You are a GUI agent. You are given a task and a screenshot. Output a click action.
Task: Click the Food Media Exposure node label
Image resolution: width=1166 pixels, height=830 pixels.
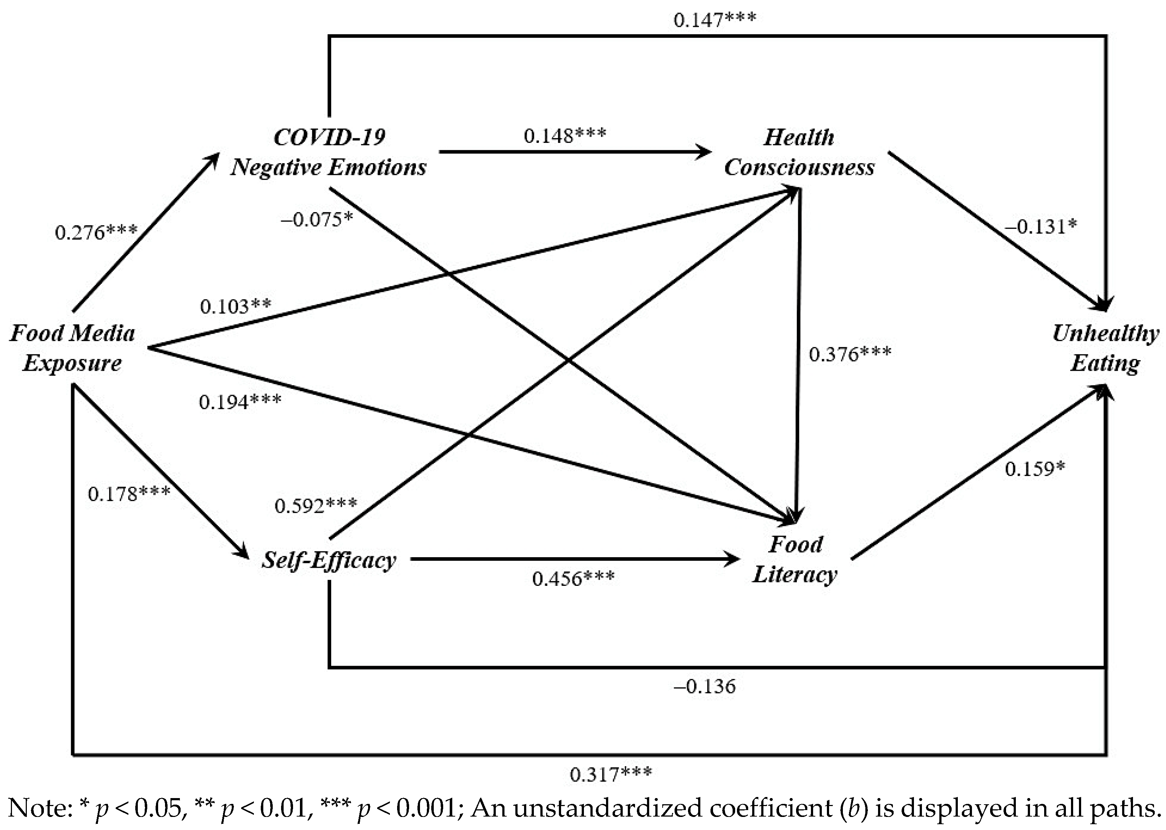pyautogui.click(x=72, y=348)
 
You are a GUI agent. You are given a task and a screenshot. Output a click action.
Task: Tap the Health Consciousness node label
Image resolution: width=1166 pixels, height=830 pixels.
pyautogui.click(x=799, y=152)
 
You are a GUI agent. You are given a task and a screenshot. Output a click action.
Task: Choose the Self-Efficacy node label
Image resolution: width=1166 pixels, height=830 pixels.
pyautogui.click(x=329, y=560)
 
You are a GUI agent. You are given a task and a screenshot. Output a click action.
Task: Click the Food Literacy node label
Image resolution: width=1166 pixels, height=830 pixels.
pyautogui.click(x=795, y=559)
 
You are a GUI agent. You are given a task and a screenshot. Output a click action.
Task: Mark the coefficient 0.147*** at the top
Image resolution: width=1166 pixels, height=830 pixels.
pyautogui.click(x=714, y=20)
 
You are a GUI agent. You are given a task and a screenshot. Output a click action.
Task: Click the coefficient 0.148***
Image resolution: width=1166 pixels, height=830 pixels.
pyautogui.click(x=565, y=135)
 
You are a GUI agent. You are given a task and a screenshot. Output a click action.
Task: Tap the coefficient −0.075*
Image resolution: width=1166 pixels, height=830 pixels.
pyautogui.click(x=317, y=220)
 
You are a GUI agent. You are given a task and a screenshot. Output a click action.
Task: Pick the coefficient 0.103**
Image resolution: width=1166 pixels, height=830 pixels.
pyautogui.click(x=235, y=306)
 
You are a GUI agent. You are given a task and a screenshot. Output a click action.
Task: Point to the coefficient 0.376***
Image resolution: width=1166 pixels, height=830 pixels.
pyautogui.click(x=850, y=354)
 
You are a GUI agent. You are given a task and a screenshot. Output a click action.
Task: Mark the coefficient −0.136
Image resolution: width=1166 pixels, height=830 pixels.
pyautogui.click(x=705, y=686)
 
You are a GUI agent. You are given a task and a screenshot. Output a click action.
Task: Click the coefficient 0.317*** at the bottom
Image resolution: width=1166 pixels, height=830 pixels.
pyautogui.click(x=611, y=774)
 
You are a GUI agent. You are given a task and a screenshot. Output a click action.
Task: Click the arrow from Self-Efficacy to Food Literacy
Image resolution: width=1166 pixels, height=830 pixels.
pyautogui.click(x=572, y=559)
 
